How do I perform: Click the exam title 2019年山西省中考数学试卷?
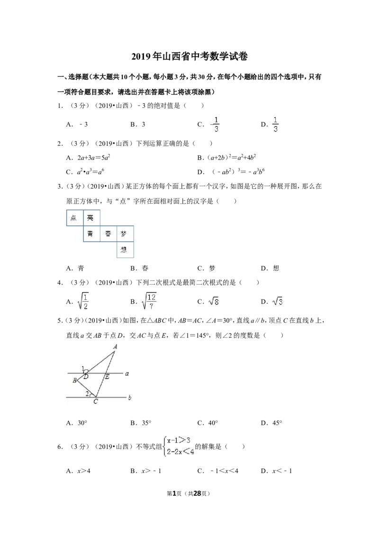[x=189, y=56]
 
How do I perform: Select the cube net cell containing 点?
[x=75, y=218]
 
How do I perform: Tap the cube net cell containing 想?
[x=125, y=250]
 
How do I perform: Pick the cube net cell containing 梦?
[x=125, y=234]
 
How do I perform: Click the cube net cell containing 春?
[x=108, y=234]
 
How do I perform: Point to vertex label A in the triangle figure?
[x=115, y=347]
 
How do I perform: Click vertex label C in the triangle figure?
[x=95, y=402]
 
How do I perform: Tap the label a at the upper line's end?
[x=127, y=374]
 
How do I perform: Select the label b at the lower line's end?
[x=130, y=398]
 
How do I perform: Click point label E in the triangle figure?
[x=107, y=377]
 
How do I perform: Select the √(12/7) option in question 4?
[x=144, y=301]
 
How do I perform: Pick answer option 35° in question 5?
[x=141, y=423]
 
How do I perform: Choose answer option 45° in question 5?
[x=271, y=423]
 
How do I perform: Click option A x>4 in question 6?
[x=78, y=471]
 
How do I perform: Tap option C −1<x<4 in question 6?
[x=218, y=471]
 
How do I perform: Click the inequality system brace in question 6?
[x=165, y=446]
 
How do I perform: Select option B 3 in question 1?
[x=138, y=125]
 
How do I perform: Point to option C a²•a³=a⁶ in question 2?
[x=85, y=171]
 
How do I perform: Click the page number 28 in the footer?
[x=198, y=493]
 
